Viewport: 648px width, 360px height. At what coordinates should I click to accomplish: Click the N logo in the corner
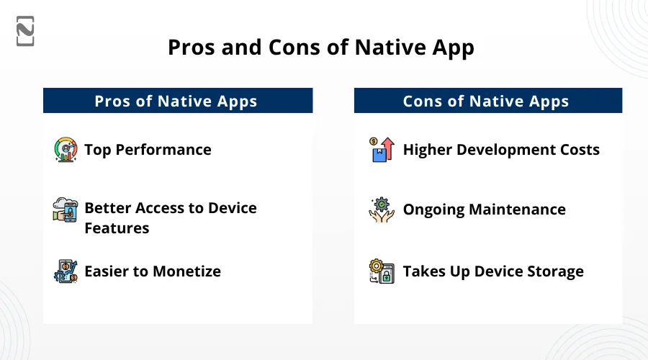click(x=25, y=31)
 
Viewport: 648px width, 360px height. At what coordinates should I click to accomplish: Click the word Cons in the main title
click(x=294, y=47)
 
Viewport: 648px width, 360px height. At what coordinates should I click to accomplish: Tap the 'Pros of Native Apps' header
click(x=178, y=100)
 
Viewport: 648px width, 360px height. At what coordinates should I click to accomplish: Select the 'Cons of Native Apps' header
click(x=488, y=100)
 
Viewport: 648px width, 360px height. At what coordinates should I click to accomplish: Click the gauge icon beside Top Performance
click(x=66, y=150)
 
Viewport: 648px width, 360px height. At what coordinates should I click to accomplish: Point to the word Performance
click(x=163, y=150)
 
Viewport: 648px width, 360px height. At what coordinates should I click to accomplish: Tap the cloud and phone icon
click(x=66, y=210)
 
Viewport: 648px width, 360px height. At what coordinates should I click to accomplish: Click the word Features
click(x=117, y=228)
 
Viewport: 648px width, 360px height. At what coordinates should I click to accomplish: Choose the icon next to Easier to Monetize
click(x=66, y=271)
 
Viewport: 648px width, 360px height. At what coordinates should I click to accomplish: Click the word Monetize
click(x=186, y=271)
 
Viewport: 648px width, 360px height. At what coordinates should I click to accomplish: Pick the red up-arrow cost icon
click(x=382, y=150)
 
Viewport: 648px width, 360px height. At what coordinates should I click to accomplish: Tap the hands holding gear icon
click(x=382, y=210)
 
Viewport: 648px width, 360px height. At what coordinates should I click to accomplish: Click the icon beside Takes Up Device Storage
click(x=382, y=271)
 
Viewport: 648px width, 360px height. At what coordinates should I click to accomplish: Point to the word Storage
click(x=555, y=271)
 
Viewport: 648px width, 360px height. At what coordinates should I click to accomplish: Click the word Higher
click(x=427, y=150)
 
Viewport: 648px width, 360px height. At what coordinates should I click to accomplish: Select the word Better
click(x=108, y=208)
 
